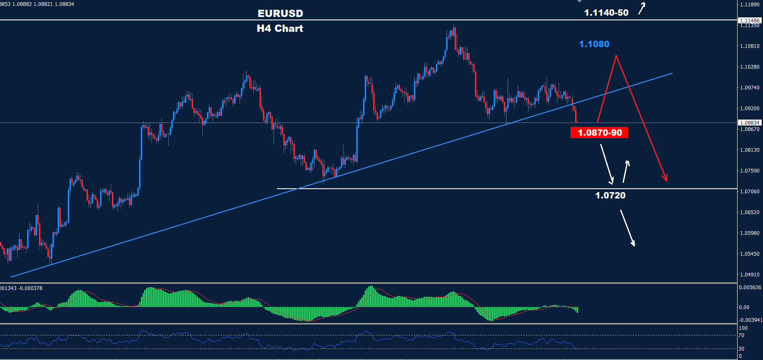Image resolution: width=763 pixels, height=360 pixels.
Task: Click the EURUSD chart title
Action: point(280,14)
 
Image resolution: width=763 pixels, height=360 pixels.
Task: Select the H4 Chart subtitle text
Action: point(280,28)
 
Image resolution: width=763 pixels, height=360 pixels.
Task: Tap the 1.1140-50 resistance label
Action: point(606,13)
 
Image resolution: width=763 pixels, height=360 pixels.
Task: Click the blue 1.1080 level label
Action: point(594,44)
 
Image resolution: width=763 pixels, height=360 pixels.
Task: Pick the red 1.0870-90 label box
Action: point(599,133)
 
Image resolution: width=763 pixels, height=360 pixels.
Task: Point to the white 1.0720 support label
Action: point(610,195)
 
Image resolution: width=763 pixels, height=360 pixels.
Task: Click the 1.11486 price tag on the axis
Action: point(749,20)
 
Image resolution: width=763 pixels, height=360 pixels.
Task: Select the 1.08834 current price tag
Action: point(749,123)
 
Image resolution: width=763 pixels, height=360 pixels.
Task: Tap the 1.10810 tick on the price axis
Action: point(749,46)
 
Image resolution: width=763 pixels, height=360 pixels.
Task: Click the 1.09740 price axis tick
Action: point(749,88)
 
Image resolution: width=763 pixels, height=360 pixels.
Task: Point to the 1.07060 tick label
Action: point(749,192)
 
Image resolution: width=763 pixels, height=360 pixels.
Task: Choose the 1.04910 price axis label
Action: point(749,275)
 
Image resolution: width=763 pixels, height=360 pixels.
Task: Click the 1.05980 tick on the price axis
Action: point(749,233)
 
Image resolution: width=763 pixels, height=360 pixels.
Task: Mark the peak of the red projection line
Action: point(616,56)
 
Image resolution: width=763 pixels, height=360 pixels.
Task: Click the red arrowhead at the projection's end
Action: point(666,179)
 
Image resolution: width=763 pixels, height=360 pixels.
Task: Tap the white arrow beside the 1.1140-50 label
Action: point(642,8)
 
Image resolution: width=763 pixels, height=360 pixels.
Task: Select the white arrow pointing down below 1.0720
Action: point(628,228)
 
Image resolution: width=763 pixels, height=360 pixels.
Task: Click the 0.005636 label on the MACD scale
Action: point(749,287)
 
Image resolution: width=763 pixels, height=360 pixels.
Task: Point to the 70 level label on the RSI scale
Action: point(741,335)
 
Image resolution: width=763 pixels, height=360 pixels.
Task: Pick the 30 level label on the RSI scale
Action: point(741,349)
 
